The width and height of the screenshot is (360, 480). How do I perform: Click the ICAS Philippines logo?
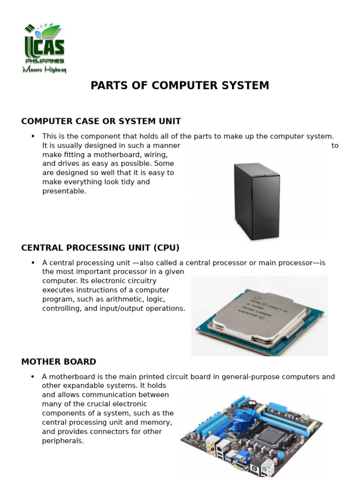(x=45, y=47)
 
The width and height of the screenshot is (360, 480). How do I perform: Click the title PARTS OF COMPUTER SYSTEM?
(x=180, y=85)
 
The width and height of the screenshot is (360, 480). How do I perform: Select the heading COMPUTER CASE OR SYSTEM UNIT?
(x=101, y=121)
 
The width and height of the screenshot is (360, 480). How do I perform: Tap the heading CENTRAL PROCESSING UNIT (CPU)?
(x=100, y=247)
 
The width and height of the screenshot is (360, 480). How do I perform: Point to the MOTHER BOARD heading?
(x=59, y=361)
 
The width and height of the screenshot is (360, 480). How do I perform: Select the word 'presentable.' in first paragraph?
(x=64, y=191)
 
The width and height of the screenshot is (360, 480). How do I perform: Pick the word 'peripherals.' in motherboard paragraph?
(x=63, y=441)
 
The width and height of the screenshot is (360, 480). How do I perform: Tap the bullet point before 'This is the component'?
(x=33, y=136)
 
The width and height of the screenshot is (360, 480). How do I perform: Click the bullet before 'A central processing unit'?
(x=33, y=262)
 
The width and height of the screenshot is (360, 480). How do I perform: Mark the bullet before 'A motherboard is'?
(x=33, y=376)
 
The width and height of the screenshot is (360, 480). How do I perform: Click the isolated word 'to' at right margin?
(x=335, y=145)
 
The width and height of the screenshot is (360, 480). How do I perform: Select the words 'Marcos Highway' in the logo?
(x=45, y=70)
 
